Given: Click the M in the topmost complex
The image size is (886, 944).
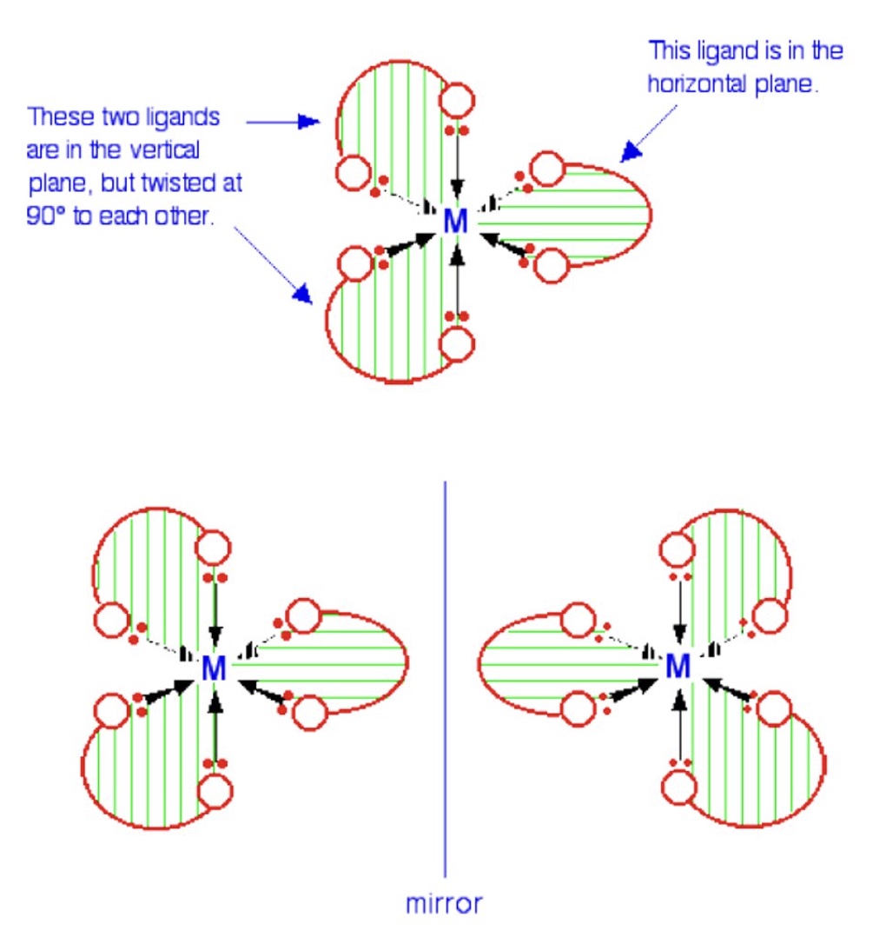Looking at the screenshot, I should click(x=455, y=222).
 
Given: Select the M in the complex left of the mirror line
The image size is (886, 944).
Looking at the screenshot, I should click(x=214, y=668).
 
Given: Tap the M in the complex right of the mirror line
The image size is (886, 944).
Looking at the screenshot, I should click(x=678, y=668).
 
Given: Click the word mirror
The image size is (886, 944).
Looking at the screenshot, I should click(x=444, y=903).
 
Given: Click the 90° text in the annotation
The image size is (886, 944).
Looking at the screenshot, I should click(x=45, y=216).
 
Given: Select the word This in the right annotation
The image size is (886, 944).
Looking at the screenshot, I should click(x=670, y=51).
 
